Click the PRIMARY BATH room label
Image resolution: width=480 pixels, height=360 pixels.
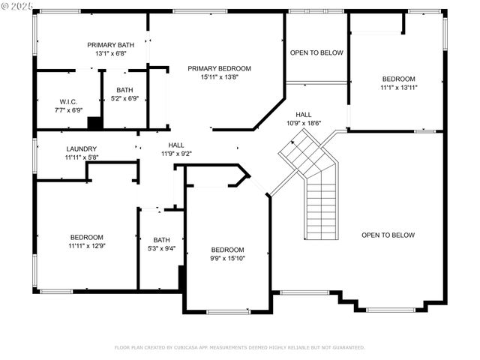point(110,45)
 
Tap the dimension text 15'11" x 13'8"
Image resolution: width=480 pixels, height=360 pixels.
point(219,77)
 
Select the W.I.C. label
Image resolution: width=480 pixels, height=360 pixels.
point(70,101)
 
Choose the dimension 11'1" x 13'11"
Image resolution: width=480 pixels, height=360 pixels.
point(399,87)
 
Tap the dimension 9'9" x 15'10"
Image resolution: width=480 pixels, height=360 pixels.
point(227,258)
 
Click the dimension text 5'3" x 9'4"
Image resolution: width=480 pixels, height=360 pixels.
point(162,249)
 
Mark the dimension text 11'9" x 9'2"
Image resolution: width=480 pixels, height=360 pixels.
point(176,154)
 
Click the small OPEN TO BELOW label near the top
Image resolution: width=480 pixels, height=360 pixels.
point(316,52)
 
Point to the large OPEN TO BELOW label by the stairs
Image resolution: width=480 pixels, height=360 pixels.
point(388,235)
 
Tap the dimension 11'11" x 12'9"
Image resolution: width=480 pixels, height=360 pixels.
point(86,245)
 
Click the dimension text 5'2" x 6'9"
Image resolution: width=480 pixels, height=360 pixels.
point(124,98)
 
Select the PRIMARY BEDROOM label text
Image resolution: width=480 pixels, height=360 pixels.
point(219,68)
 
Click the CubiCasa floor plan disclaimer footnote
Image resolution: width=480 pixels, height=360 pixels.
point(239,347)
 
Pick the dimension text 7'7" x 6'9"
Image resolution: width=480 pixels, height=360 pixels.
point(70,110)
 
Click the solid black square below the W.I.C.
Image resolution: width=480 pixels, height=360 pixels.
point(94,124)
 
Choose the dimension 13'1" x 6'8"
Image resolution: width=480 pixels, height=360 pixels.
point(110,54)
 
